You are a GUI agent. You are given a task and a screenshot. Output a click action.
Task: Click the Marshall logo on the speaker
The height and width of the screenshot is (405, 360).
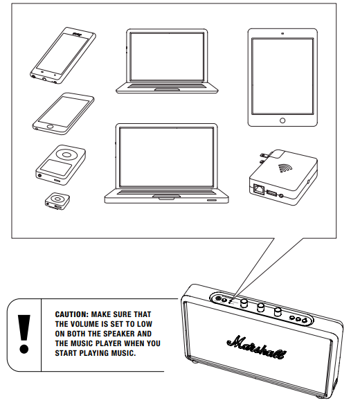[x=257, y=347]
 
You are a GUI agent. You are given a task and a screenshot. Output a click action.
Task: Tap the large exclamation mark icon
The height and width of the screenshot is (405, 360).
[x=24, y=334]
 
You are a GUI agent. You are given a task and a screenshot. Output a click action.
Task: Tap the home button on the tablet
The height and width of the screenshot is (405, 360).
[x=282, y=120]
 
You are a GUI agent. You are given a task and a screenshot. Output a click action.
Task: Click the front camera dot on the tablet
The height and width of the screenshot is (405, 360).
[x=282, y=33]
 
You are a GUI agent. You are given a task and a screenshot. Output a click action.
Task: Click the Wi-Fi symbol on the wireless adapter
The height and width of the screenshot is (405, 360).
[x=285, y=168]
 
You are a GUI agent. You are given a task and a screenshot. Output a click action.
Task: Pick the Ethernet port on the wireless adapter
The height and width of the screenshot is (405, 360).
[x=259, y=188]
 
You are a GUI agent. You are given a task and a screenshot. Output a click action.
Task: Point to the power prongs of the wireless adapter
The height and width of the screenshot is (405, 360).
[x=265, y=158]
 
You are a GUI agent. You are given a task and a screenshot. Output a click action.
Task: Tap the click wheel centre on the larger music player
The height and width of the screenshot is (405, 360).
[x=66, y=154]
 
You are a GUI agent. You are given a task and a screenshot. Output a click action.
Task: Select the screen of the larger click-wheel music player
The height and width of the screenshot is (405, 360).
[x=56, y=168]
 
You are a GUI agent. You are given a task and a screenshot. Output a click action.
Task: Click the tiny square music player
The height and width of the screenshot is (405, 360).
[x=57, y=201]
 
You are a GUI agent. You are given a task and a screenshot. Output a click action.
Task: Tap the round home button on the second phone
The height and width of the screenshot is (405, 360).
[x=50, y=127]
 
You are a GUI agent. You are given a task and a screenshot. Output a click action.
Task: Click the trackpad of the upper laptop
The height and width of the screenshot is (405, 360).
[x=167, y=89]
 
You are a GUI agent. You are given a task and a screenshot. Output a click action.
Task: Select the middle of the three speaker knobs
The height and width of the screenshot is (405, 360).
[x=261, y=307]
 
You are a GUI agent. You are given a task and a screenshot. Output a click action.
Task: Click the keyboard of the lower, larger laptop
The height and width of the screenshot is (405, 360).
[x=166, y=192]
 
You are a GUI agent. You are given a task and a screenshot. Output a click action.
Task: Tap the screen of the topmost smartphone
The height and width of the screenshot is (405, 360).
[x=62, y=53]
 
